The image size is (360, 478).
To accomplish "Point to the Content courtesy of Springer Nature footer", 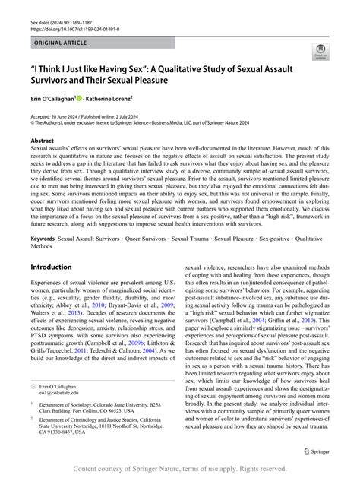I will pyautogui.click(x=180, y=469).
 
